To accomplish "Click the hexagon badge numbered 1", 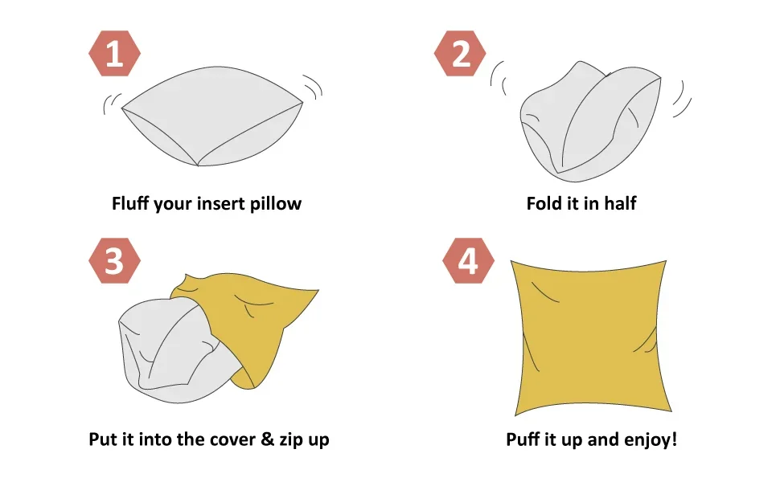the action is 114,53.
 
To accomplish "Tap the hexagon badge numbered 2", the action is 460,53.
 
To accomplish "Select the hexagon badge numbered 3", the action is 114,261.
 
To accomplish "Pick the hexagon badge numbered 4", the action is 469,261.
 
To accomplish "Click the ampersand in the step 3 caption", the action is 267,439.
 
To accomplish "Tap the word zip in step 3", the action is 290,439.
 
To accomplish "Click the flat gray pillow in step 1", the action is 212,116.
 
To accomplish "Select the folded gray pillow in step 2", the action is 590,122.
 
